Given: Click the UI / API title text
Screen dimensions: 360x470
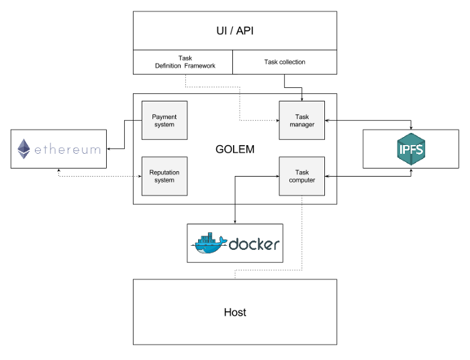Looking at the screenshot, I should click(x=234, y=31).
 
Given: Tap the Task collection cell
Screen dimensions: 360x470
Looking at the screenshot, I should click(x=284, y=62).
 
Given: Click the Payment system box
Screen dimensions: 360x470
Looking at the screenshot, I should click(x=164, y=121).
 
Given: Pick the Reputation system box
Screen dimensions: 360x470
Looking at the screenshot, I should click(x=164, y=176).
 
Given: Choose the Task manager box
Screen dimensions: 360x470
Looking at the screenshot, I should click(x=301, y=121).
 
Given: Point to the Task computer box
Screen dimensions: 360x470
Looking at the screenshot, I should click(x=301, y=176).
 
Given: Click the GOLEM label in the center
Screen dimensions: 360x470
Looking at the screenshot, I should click(x=234, y=149).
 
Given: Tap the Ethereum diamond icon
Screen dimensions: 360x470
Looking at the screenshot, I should click(x=24, y=149).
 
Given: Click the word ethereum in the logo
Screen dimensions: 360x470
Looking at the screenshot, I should click(x=67, y=149).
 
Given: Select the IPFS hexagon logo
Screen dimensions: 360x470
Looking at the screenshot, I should click(x=410, y=149).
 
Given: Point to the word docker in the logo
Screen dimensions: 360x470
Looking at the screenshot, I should click(x=254, y=244).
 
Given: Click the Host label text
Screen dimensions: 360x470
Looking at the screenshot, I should click(x=234, y=312).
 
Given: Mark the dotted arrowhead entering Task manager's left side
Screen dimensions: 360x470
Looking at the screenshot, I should click(x=277, y=121).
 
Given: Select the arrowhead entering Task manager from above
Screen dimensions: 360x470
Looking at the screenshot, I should click(x=301, y=99).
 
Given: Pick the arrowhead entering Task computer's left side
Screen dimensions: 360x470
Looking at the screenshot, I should click(x=277, y=176).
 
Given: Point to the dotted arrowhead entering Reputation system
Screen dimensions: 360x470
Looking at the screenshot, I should click(x=140, y=176).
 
